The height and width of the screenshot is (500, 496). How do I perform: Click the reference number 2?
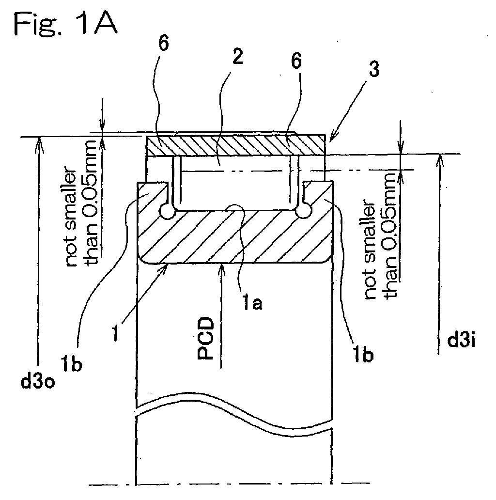(x=237, y=56)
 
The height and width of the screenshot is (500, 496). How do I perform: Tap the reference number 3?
(x=374, y=69)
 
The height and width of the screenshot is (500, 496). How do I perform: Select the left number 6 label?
(x=163, y=44)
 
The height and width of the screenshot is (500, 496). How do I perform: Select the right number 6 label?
(x=296, y=61)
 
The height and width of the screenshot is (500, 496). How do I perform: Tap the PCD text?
(x=205, y=338)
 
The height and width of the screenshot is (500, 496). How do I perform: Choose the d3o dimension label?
(x=38, y=381)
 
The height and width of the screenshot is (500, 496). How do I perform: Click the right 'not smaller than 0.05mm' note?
(x=381, y=234)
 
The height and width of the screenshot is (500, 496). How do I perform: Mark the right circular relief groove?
(x=303, y=211)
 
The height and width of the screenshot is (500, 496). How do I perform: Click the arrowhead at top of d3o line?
(x=39, y=141)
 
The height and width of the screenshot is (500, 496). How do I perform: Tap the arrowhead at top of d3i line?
(x=440, y=158)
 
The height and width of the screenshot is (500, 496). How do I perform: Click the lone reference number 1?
(x=116, y=334)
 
